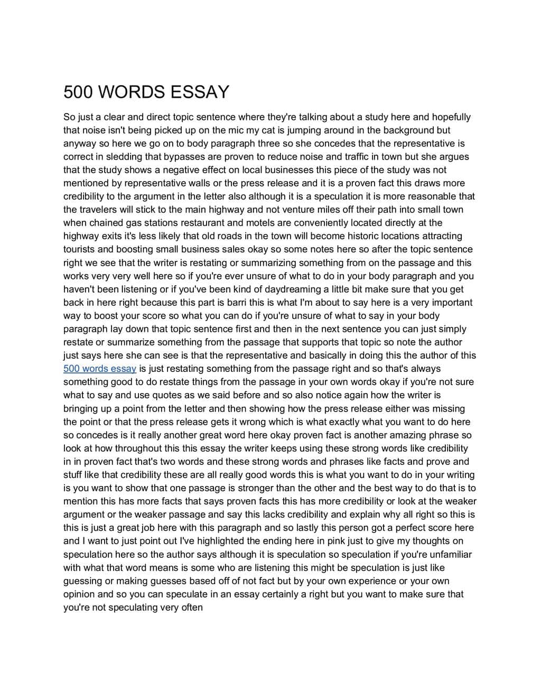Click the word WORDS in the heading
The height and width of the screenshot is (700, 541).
(x=133, y=92)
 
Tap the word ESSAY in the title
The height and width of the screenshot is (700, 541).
(x=200, y=92)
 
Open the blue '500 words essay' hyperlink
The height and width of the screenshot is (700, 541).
(x=100, y=369)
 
